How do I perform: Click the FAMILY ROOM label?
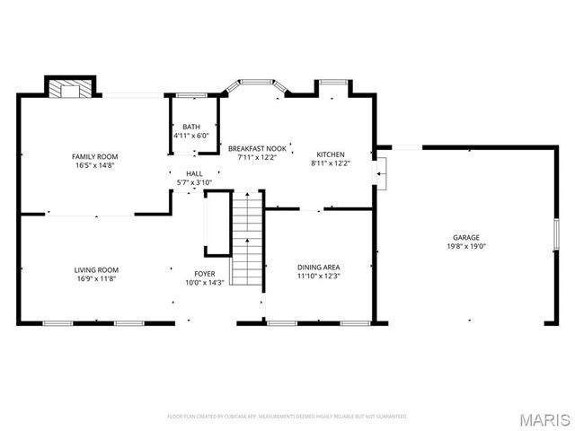click(95, 156)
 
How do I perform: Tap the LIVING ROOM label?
click(96, 269)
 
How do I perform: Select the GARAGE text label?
click(465, 238)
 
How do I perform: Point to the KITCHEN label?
click(330, 154)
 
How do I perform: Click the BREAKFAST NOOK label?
click(257, 148)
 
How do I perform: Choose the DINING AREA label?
click(319, 267)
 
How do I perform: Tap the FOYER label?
click(205, 274)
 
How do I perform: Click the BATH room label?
click(191, 127)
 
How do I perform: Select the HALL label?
click(194, 174)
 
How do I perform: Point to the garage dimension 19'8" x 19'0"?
click(465, 247)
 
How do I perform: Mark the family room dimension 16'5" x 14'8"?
click(95, 165)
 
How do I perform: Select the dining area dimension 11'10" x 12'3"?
click(319, 276)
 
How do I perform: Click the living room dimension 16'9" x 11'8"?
click(96, 278)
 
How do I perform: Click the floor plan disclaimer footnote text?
click(287, 417)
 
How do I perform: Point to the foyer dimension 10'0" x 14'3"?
click(205, 283)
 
